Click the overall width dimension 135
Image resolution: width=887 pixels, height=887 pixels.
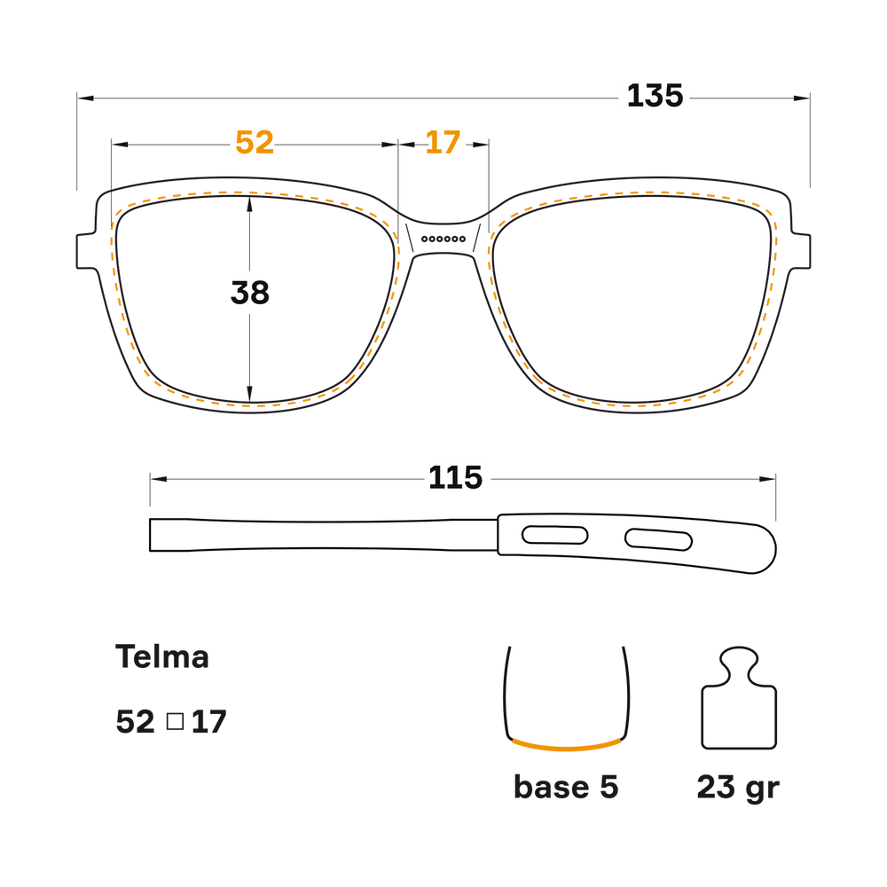click(655, 96)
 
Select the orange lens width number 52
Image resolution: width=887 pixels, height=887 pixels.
click(255, 143)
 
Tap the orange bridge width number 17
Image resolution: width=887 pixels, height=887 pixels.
click(443, 143)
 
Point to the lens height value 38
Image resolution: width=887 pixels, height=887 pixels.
click(249, 293)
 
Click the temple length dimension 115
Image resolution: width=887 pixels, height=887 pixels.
click(455, 478)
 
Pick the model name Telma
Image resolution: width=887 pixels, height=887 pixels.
click(162, 656)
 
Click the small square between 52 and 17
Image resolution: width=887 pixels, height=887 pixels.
click(176, 721)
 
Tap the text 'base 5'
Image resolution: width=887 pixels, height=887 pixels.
click(566, 787)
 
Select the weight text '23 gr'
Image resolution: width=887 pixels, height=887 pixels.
click(738, 788)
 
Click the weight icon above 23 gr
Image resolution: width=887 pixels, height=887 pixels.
click(739, 698)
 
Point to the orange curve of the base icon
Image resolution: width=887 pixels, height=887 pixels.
click(566, 747)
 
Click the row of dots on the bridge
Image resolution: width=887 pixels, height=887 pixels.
click(443, 239)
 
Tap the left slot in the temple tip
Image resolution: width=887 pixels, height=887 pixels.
click(554, 535)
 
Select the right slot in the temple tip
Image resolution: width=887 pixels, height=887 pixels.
click(658, 539)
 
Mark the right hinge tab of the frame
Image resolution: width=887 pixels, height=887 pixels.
click(800, 250)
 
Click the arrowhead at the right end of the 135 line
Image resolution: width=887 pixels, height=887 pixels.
click(802, 98)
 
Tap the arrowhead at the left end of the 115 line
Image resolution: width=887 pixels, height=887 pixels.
click(159, 479)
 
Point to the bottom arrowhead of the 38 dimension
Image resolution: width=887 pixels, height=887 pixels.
click(249, 395)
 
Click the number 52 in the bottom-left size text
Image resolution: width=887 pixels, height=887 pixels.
click(135, 722)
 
